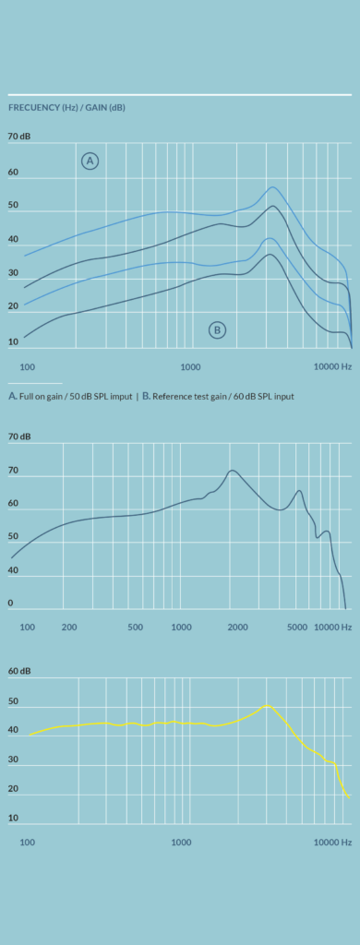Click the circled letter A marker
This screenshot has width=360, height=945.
(x=90, y=161)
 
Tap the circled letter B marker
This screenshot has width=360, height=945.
(x=217, y=329)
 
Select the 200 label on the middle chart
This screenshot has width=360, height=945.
(x=69, y=627)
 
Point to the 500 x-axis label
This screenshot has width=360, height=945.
(x=136, y=627)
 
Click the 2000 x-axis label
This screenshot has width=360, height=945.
(x=237, y=627)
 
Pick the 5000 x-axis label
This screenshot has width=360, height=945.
(x=297, y=627)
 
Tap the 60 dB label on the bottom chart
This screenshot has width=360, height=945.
(x=19, y=671)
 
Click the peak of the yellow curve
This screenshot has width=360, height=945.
(x=267, y=705)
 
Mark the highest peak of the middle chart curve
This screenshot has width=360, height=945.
(x=233, y=470)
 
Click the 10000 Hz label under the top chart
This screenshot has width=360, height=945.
(x=333, y=365)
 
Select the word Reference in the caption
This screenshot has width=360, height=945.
(x=171, y=397)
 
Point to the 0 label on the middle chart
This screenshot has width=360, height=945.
(x=10, y=603)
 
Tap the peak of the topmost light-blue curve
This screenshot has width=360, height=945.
(x=272, y=186)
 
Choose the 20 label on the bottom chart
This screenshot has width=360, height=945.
(x=13, y=788)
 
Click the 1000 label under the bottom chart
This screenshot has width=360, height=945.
(x=181, y=842)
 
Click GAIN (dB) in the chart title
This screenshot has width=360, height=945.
(x=105, y=108)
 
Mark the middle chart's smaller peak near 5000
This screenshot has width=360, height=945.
(x=299, y=491)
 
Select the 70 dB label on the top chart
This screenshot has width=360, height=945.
(x=19, y=137)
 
